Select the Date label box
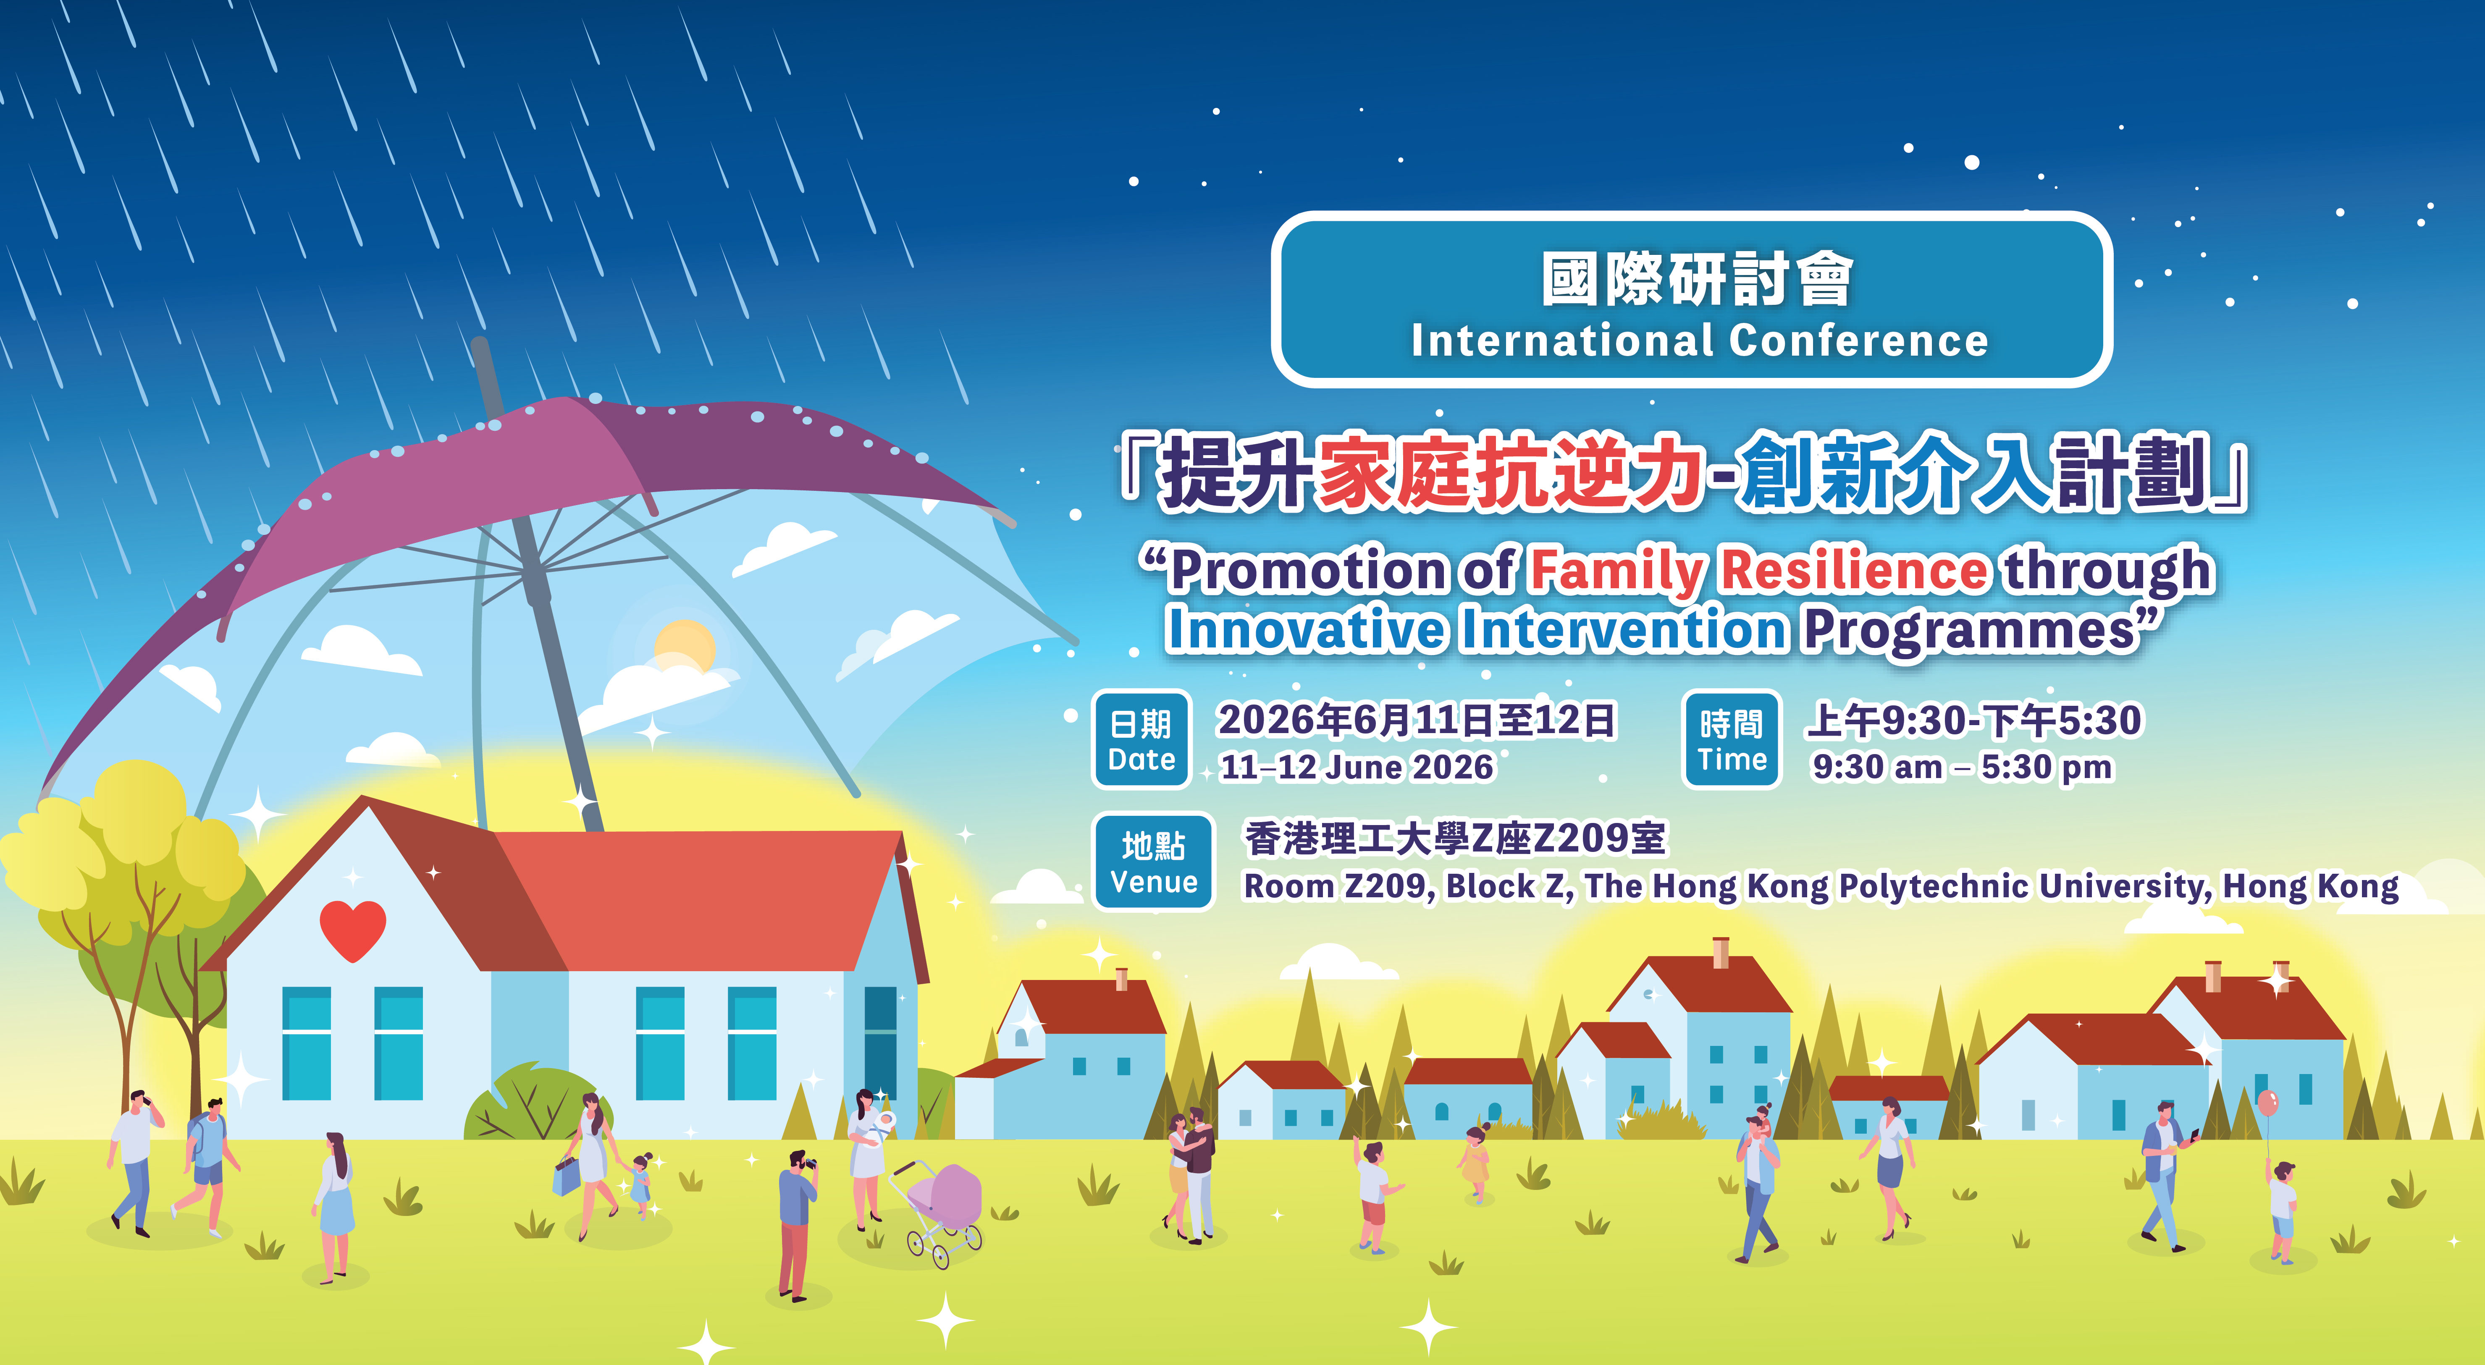coord(1141,740)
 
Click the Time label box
coord(1732,740)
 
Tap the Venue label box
coord(1153,862)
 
